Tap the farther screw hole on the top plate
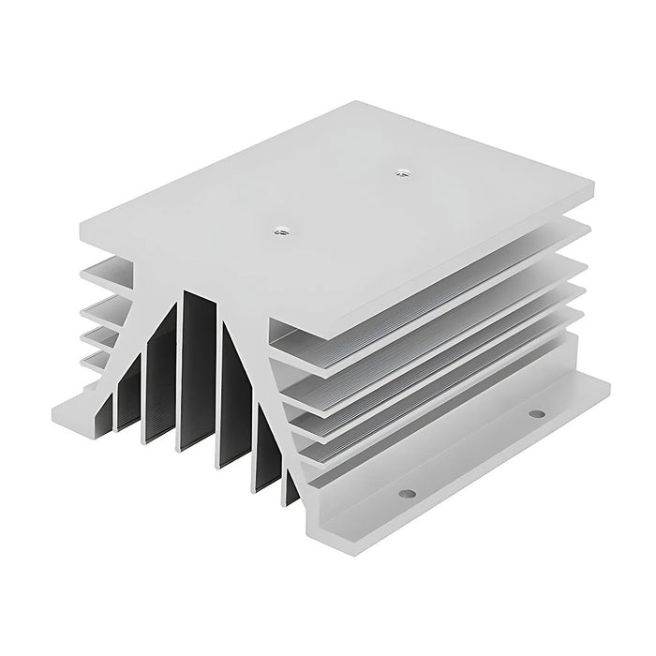tap(403, 171)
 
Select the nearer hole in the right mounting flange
tap(406, 493)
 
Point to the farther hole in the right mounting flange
tap(535, 413)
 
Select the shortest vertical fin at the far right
tap(291, 487)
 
